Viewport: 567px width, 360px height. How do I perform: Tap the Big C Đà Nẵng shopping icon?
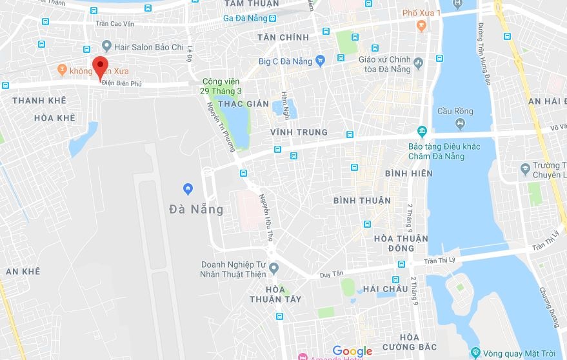(x=319, y=61)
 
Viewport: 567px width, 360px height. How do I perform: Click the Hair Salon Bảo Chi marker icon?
(x=106, y=46)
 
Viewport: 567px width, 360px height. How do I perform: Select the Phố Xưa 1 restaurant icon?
(x=421, y=26)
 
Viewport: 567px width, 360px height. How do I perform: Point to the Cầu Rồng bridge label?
(x=455, y=111)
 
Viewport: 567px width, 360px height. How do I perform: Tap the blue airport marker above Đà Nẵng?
(x=188, y=188)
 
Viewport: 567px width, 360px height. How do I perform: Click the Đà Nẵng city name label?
(x=196, y=209)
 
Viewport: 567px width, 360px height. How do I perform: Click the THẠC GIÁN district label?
(x=243, y=103)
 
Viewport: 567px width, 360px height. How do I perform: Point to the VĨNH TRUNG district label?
(x=299, y=132)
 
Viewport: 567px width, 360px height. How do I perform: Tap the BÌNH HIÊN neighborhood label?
(x=408, y=174)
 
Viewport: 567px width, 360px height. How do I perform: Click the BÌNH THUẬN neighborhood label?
(x=362, y=201)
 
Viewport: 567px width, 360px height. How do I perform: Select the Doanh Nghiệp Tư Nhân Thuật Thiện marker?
(x=274, y=268)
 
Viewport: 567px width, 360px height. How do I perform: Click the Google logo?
(x=352, y=351)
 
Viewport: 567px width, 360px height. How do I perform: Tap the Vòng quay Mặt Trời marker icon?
(x=475, y=352)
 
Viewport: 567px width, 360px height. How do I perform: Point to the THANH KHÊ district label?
(x=39, y=101)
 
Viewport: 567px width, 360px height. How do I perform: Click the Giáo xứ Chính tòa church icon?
(x=419, y=63)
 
